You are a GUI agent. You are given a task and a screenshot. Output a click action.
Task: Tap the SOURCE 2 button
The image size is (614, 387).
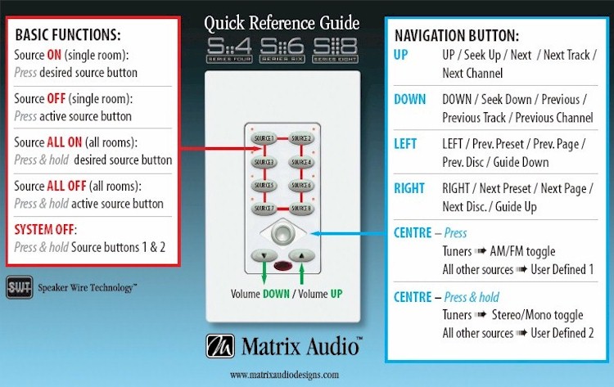coord(302,137)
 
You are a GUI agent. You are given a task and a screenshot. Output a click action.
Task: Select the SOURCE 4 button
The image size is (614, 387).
coord(302,162)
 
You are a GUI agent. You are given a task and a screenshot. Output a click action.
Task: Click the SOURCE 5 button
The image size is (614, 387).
coord(264,185)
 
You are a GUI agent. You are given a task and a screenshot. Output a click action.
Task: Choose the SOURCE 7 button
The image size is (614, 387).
coord(264,209)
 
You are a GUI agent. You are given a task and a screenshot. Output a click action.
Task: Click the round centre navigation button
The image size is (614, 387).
coord(282,233)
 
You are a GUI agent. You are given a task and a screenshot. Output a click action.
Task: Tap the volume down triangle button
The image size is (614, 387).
coord(263,255)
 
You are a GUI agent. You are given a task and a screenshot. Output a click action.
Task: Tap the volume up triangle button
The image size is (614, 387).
coord(302,255)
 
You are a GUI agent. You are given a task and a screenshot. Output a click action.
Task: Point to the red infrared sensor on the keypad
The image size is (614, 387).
coord(282,266)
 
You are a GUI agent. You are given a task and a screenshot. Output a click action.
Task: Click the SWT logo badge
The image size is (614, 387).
coord(19,286)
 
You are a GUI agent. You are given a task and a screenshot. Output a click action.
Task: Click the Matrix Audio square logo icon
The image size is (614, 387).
coord(220,346)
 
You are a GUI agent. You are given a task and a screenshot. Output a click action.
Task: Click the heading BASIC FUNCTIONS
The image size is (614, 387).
coord(68,36)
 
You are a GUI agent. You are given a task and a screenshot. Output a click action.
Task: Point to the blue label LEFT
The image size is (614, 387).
coord(405,144)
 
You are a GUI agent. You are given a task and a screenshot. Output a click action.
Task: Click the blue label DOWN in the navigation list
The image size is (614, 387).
coord(410,100)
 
